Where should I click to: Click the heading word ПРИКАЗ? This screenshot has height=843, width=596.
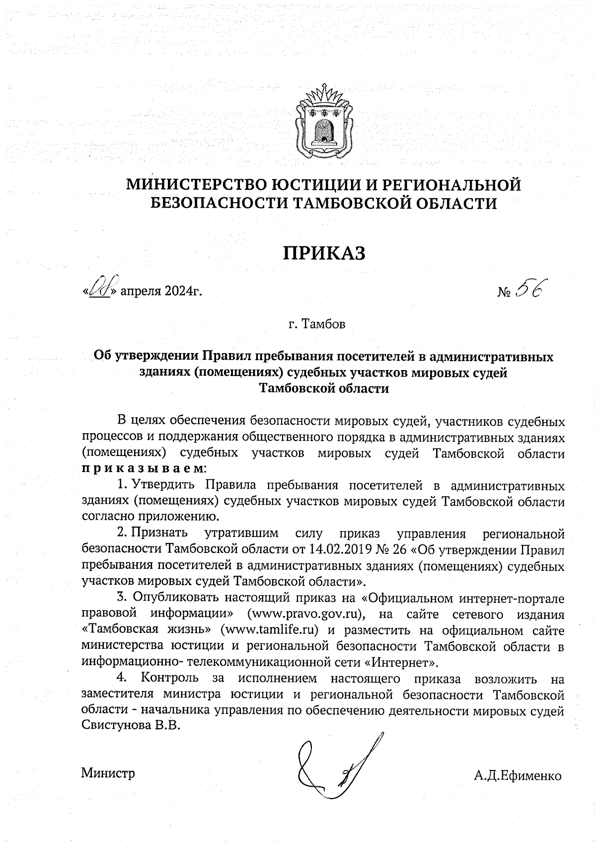tap(324, 253)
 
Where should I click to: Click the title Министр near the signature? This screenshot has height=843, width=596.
tap(108, 773)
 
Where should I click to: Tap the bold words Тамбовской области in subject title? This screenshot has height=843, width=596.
tap(324, 388)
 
